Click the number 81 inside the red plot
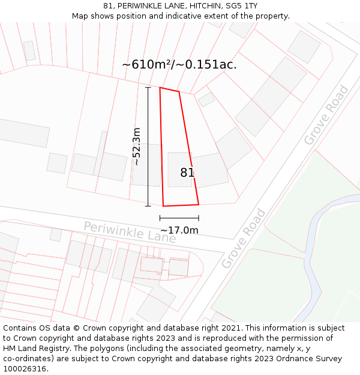[x=187, y=173]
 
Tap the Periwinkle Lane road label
[x=130, y=232]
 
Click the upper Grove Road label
[x=326, y=115]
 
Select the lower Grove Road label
[x=244, y=238]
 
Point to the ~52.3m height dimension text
[x=136, y=146]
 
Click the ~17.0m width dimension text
[x=179, y=230]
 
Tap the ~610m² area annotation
[x=148, y=65]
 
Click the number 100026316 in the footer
[x=25, y=368]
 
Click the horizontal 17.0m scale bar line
[x=179, y=218]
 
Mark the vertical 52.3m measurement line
[x=148, y=146]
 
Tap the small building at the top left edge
[x=29, y=50]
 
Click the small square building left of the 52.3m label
[x=57, y=163]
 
